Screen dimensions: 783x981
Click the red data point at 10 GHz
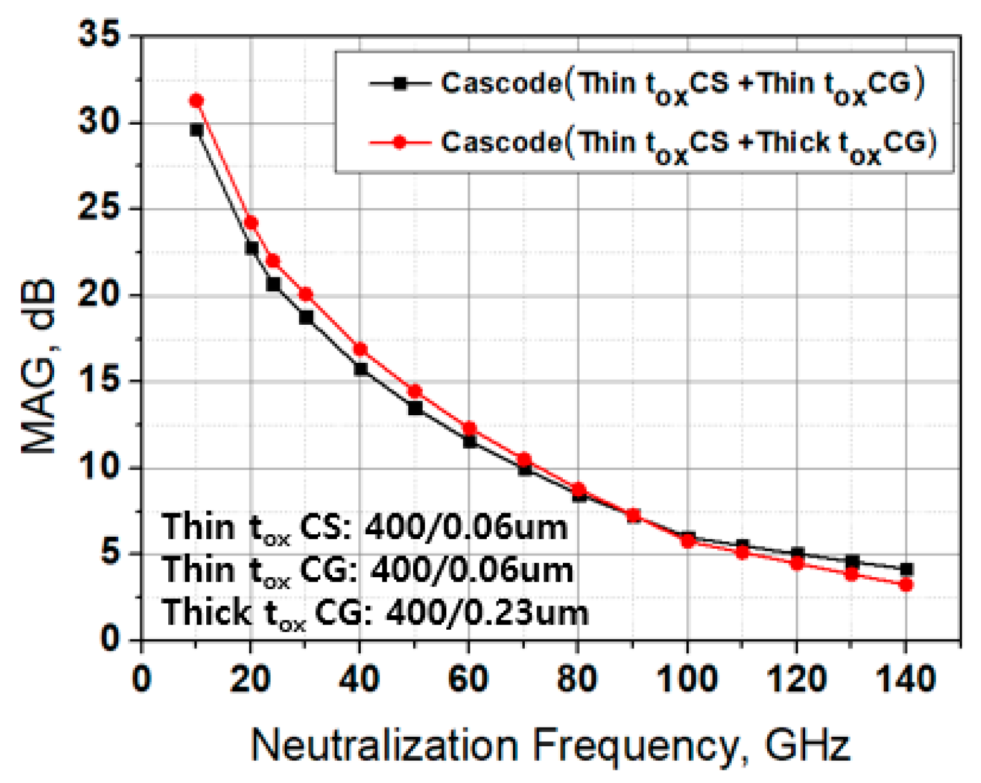(x=196, y=100)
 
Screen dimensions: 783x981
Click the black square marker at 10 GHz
(x=196, y=130)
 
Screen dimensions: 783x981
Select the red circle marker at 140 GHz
(x=906, y=585)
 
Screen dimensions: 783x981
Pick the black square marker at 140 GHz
(x=906, y=569)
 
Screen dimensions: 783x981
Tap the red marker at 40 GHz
(x=360, y=349)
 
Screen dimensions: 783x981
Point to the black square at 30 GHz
(x=306, y=317)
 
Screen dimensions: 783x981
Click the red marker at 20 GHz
(x=251, y=223)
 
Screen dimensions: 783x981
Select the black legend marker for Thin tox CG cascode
(x=400, y=83)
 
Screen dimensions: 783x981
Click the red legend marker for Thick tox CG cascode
(x=400, y=143)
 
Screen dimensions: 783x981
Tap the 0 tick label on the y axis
(x=110, y=639)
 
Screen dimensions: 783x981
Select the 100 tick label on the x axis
(x=687, y=679)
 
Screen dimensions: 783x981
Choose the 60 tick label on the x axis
(x=469, y=679)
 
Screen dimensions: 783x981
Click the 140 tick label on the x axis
(x=906, y=679)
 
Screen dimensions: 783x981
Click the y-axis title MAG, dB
(x=39, y=368)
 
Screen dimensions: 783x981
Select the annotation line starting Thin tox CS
(x=365, y=527)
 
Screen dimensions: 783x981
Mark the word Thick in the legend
(x=793, y=143)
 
